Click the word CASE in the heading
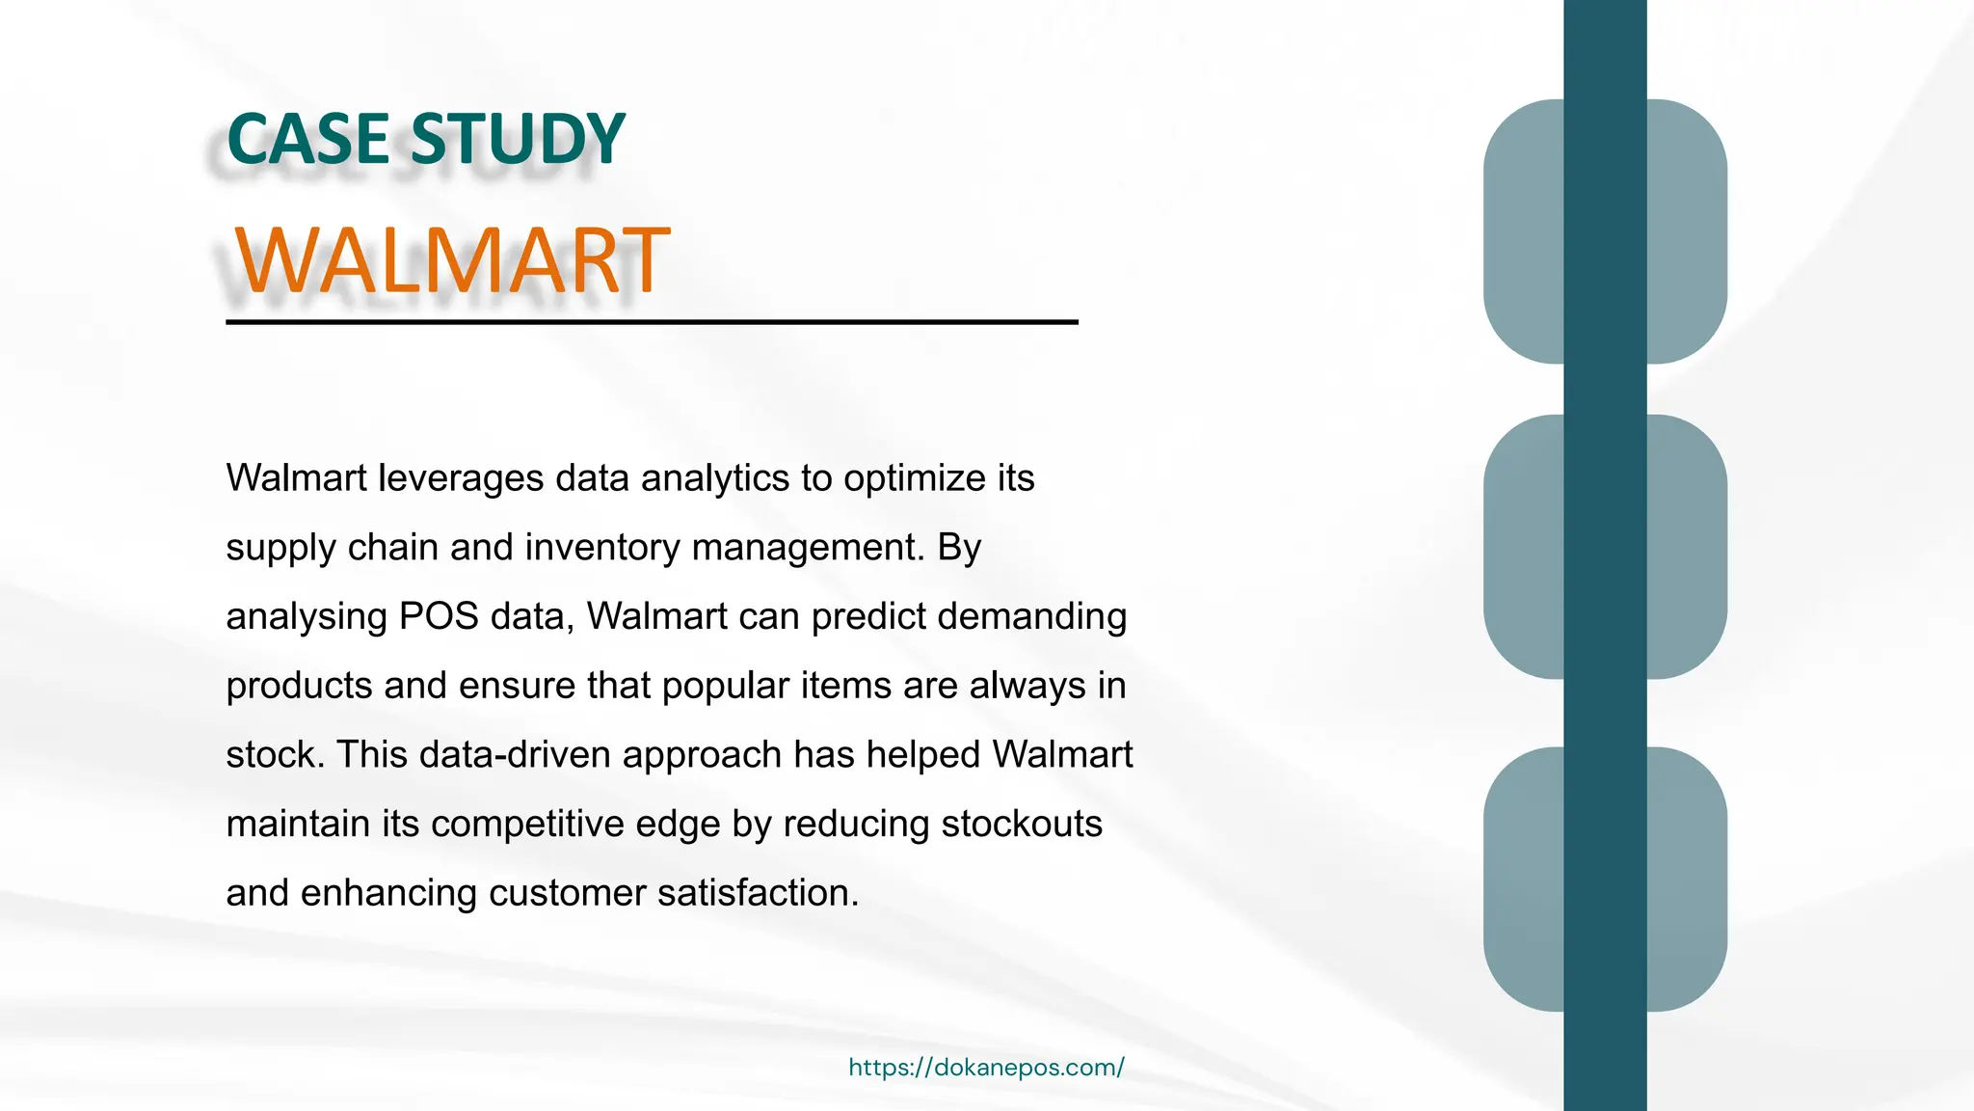tap(308, 140)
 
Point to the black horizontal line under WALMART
tap(652, 322)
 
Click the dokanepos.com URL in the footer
tap(986, 1068)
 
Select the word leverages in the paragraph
tap(461, 478)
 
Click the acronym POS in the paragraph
tap(439, 617)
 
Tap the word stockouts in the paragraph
tap(1021, 825)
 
